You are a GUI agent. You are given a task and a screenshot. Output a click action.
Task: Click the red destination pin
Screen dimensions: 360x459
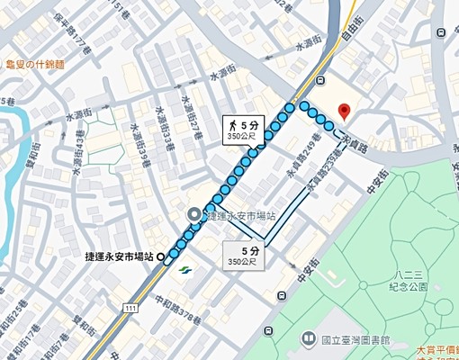click(341, 112)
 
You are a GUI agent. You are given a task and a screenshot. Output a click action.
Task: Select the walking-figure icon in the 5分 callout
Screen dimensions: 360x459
click(233, 125)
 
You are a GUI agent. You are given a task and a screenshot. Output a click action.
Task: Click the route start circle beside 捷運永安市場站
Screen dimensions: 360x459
click(161, 256)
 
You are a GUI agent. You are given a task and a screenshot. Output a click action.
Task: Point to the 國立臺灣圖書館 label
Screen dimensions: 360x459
click(355, 340)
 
